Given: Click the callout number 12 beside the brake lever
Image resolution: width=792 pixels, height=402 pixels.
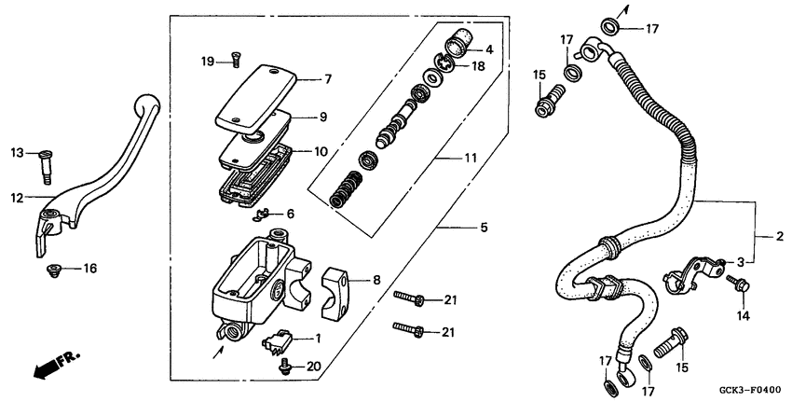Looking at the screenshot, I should tap(17, 197).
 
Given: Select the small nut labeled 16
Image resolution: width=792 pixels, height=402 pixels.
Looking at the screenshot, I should tap(54, 270).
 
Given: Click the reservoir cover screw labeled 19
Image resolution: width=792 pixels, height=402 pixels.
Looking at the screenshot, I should tap(234, 62).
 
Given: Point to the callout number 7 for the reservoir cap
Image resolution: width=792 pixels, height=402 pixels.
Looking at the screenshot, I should tap(327, 79).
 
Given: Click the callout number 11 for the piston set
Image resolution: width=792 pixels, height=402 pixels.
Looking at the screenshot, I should tap(470, 159).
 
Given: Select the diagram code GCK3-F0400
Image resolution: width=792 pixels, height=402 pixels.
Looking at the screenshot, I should tap(747, 390).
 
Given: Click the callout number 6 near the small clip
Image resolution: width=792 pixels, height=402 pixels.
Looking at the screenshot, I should tap(290, 214).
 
